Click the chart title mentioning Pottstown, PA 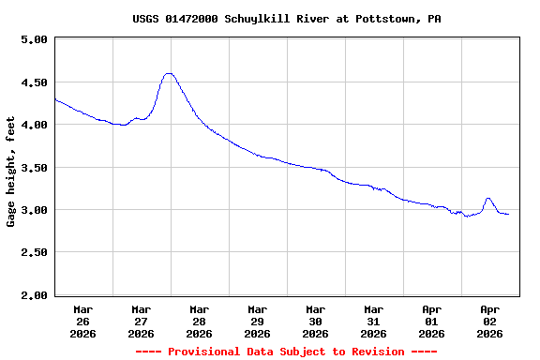click(287, 19)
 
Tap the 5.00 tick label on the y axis click(33, 40)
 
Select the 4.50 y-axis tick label click(33, 82)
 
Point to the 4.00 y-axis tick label click(33, 125)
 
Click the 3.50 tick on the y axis click(33, 168)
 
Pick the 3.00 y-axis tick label click(33, 210)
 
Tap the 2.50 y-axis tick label click(33, 253)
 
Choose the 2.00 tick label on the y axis click(33, 295)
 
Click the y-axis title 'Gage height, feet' click(11, 167)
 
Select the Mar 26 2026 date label click(83, 321)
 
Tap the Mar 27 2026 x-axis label click(142, 321)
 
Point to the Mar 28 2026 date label click(200, 321)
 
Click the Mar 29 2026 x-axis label click(258, 321)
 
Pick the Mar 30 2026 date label click(316, 321)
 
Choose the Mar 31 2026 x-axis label click(374, 321)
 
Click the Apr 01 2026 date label click(432, 321)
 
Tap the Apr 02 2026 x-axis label click(490, 321)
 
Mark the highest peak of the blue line click(169, 73)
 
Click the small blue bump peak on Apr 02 click(488, 198)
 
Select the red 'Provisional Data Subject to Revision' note click(287, 352)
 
